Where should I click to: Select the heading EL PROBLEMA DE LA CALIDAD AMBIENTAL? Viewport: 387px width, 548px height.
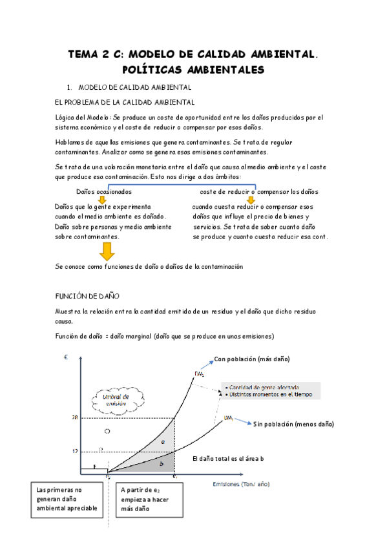(x=125, y=102)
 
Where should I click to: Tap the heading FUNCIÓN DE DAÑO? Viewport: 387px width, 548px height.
(x=88, y=296)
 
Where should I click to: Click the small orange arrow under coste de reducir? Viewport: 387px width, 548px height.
(x=251, y=200)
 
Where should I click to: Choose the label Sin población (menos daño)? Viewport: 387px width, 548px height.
(x=293, y=424)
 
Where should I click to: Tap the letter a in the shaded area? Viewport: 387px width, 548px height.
(x=163, y=441)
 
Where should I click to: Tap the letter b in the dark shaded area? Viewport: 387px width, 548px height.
(x=161, y=463)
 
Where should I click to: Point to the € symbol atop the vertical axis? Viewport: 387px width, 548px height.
(x=66, y=357)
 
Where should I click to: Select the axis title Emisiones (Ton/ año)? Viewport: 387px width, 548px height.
(x=242, y=483)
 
